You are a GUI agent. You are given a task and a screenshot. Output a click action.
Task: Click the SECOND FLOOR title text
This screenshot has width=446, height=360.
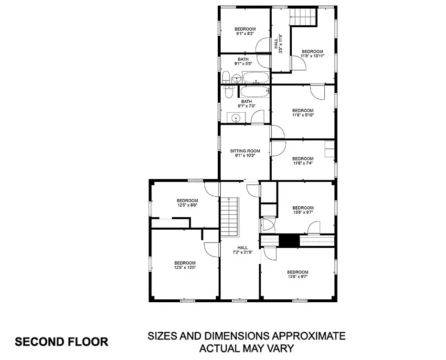pos(62,341)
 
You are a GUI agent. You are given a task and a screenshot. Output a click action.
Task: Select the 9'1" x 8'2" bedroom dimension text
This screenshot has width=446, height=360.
pos(245,33)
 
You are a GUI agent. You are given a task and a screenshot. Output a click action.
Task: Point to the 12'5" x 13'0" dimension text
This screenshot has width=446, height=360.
pos(185,267)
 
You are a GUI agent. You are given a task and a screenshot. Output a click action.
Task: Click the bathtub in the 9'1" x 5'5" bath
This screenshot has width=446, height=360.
pos(256,77)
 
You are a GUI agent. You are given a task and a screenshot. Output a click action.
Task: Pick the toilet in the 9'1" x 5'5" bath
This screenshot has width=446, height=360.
pos(226,77)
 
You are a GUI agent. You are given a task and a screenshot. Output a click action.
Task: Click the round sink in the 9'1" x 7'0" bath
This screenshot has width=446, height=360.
pos(236,117)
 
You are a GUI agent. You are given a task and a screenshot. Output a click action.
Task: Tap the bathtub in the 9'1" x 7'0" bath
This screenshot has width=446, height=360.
pos(255,92)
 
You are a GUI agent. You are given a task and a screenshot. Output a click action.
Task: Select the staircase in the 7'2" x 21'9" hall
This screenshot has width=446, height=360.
pos(229,217)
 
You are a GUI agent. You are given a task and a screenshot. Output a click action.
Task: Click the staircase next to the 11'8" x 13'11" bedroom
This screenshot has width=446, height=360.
pos(303,17)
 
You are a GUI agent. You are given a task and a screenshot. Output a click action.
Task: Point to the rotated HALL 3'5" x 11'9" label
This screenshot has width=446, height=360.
pos(278,44)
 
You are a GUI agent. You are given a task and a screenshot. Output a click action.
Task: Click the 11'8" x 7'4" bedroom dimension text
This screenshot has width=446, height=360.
pos(303,163)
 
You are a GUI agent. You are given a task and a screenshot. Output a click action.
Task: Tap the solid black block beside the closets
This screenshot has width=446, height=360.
pos(289,241)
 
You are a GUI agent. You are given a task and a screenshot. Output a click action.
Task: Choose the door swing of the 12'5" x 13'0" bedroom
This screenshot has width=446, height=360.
pos(212,250)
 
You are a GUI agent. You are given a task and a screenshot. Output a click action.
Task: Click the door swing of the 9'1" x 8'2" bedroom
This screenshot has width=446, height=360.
pos(263,45)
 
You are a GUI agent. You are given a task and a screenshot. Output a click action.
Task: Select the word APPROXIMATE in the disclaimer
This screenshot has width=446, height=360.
pos(308,336)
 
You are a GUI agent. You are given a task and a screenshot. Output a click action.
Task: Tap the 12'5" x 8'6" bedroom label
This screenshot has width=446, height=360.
pos(187,202)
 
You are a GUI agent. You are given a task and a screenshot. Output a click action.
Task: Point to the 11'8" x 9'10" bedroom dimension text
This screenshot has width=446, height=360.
pos(303,115)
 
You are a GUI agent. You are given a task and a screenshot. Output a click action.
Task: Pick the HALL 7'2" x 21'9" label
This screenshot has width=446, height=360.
pos(243,250)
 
